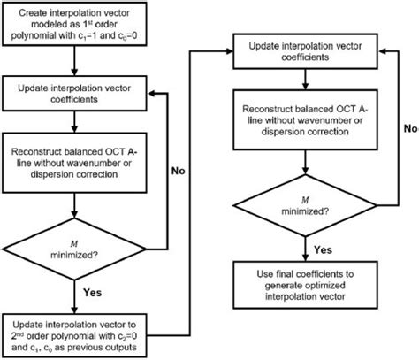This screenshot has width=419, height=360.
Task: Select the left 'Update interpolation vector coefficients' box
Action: (x=77, y=95)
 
